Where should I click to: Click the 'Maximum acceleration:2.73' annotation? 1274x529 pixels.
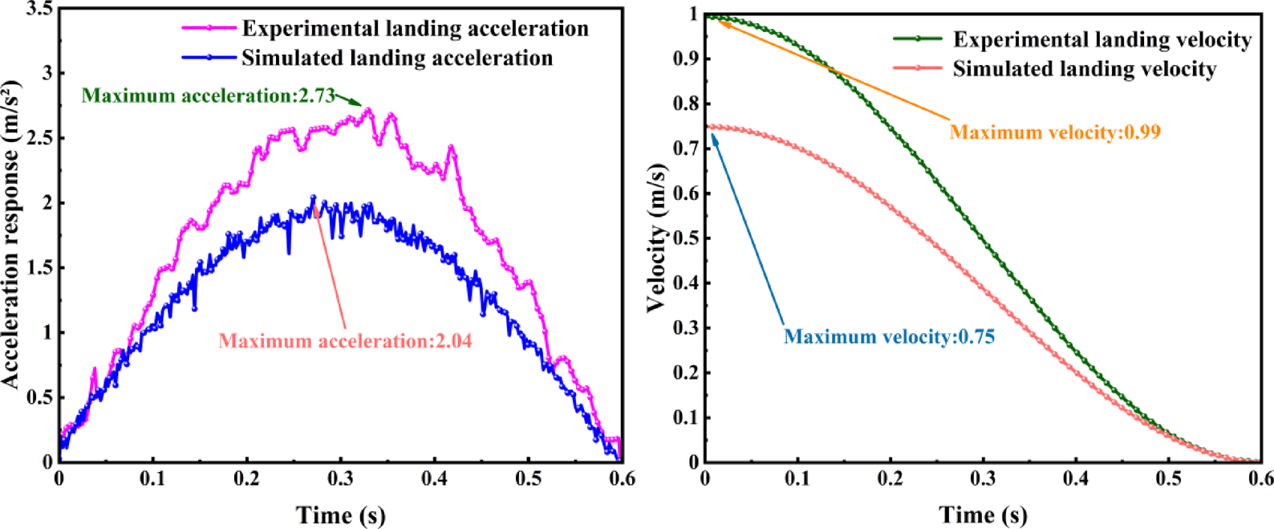click(208, 96)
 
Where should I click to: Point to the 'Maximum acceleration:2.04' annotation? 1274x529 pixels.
click(345, 341)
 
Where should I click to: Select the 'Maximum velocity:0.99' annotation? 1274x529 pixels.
click(1055, 132)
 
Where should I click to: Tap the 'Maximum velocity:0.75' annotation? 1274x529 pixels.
click(889, 336)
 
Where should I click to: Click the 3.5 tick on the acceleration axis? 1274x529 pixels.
click(39, 9)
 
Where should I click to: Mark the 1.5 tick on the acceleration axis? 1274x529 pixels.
click(39, 267)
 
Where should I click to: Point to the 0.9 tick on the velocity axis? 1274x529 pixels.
click(686, 59)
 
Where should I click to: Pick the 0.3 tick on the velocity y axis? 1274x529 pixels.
click(686, 328)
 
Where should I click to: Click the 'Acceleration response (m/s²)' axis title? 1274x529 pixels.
click(10, 234)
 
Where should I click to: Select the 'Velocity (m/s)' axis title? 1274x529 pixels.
click(656, 238)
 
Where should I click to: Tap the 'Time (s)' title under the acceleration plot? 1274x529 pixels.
click(340, 515)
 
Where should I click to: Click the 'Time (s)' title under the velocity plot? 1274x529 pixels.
click(983, 515)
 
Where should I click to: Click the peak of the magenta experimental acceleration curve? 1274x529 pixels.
click(367, 108)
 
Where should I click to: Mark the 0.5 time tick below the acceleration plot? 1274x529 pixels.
click(528, 479)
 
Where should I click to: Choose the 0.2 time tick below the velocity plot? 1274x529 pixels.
click(890, 479)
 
